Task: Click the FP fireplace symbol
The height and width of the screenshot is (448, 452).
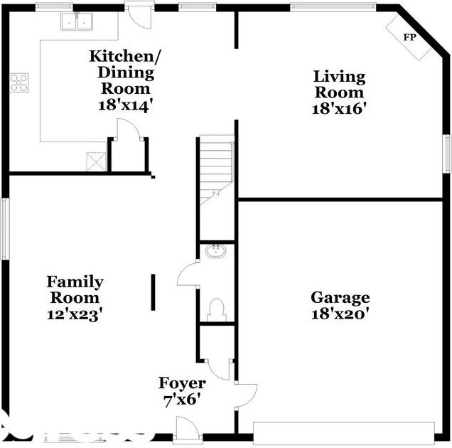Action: [409, 37]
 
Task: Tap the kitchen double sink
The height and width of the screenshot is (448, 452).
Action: [78, 22]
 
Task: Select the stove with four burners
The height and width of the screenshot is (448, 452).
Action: [19, 82]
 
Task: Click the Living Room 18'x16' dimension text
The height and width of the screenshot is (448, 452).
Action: [339, 109]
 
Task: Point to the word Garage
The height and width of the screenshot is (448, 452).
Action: [340, 297]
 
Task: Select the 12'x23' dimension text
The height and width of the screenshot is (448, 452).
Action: [75, 314]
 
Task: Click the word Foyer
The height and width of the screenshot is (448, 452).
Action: [182, 383]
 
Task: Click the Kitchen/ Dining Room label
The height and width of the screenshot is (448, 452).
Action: [121, 72]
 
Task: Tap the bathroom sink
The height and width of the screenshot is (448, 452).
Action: [215, 250]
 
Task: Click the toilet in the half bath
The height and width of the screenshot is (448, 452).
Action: [216, 309]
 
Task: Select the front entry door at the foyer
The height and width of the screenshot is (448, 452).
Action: [186, 431]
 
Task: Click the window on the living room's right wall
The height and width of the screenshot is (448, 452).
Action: [447, 154]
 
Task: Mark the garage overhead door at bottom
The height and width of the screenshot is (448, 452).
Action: [343, 432]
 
